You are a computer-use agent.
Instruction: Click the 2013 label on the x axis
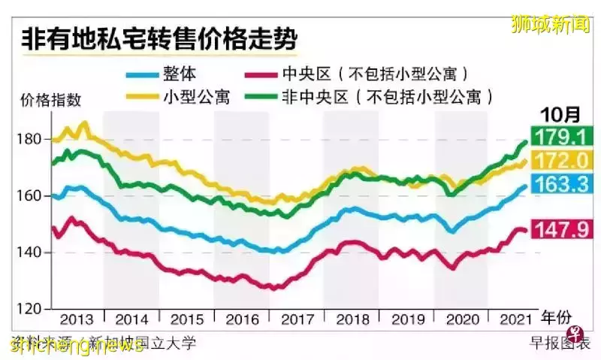[x=77, y=319]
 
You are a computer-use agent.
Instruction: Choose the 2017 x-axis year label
[x=297, y=319]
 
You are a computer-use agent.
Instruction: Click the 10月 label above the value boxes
[x=560, y=115]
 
